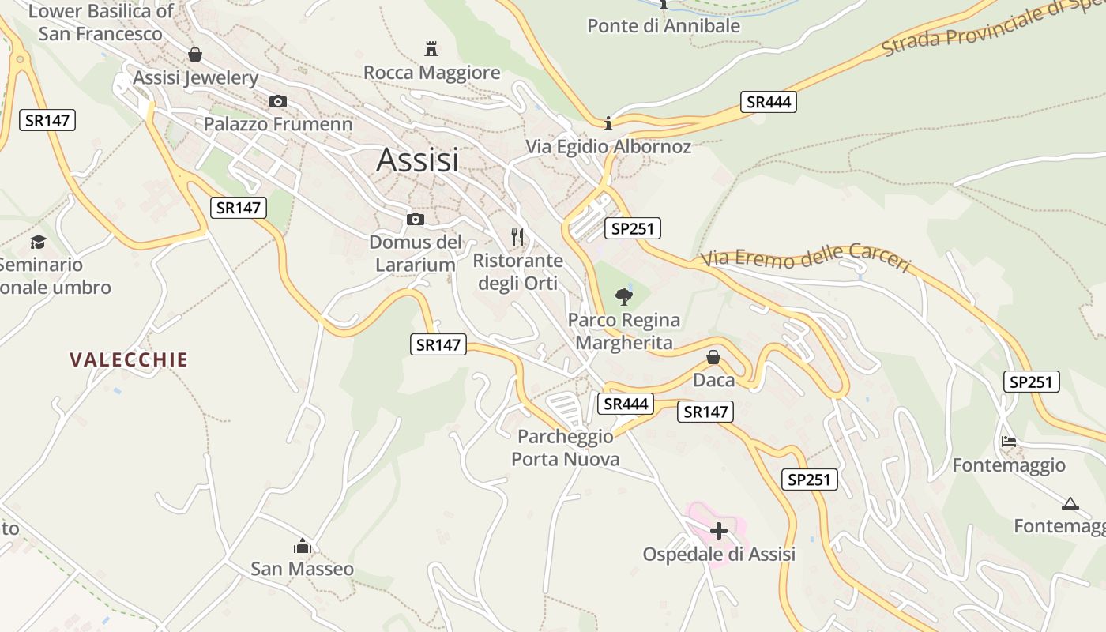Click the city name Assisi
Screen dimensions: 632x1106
coord(417,160)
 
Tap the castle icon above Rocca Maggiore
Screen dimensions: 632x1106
coord(431,49)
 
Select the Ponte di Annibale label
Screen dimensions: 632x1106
coord(664,25)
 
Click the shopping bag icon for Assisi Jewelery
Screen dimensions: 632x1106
coord(194,55)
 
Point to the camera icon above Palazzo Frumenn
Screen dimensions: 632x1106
coord(278,101)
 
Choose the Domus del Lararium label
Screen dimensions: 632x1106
coord(416,253)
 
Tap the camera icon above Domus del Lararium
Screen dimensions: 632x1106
coord(416,219)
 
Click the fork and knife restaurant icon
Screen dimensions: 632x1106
coord(517,236)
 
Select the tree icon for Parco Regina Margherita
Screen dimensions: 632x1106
coord(624,297)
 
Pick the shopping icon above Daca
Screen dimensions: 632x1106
coord(713,357)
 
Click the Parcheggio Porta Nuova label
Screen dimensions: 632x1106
coord(566,448)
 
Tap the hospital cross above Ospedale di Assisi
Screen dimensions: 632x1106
coord(719,530)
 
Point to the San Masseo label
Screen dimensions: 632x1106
coord(303,569)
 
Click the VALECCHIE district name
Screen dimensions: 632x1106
coord(129,360)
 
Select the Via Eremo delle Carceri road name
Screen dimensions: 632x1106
coord(806,258)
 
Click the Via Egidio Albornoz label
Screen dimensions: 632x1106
coord(608,147)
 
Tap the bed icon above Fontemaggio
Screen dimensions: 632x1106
coord(1009,442)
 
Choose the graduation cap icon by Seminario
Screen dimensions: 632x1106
coord(38,242)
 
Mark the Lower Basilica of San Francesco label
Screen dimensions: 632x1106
coord(100,22)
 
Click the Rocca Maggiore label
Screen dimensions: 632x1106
coord(432,73)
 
